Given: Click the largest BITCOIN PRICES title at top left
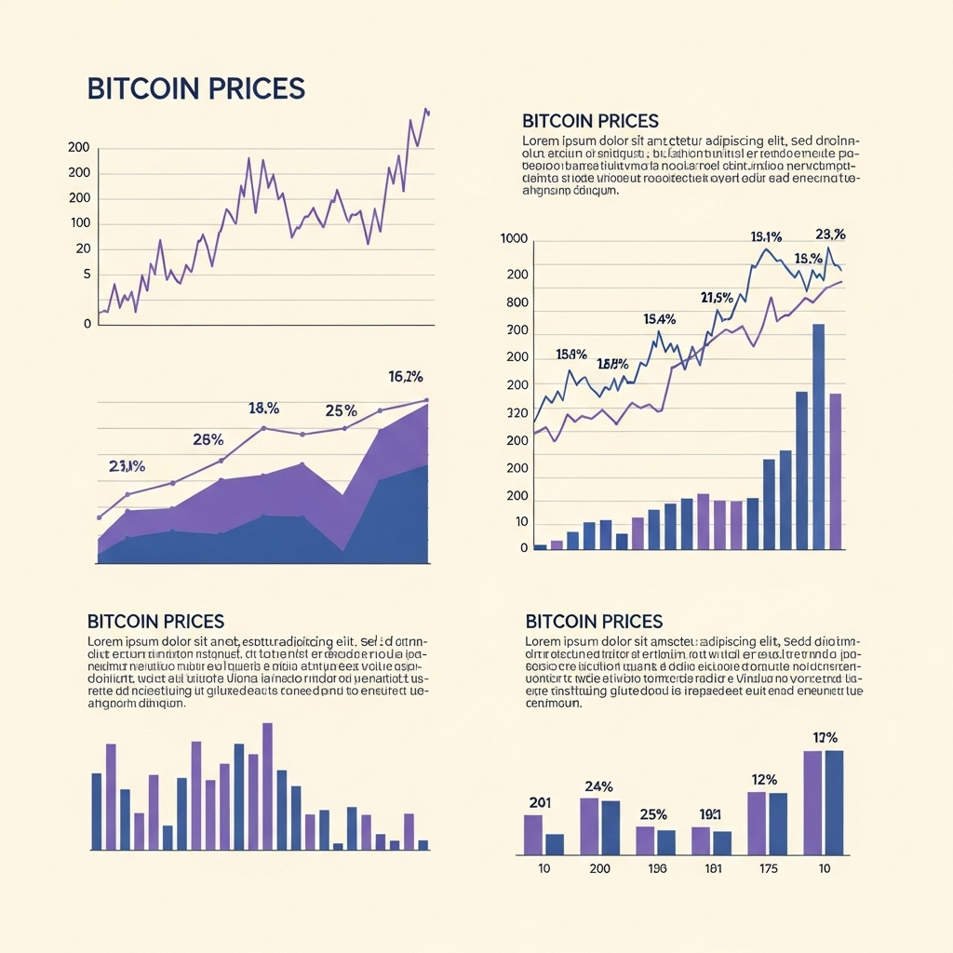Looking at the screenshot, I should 195,88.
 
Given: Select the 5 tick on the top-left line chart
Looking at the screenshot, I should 87,275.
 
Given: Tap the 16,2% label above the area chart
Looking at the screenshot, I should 405,377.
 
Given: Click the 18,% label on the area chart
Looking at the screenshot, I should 263,408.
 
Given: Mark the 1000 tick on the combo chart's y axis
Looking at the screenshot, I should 514,239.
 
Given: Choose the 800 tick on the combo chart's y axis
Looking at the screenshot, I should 517,302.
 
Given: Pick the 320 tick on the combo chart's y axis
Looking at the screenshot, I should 517,412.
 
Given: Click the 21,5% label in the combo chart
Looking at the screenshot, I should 717,298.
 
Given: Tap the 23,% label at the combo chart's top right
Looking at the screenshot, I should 829,235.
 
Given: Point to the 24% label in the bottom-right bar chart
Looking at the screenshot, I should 598,786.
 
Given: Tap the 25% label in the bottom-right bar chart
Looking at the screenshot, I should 653,814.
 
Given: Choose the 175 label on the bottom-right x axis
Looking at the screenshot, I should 767,869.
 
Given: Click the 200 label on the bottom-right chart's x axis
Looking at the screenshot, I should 599,869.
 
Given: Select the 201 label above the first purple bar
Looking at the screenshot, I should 540,803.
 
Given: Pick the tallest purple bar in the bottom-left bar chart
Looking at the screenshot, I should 268,785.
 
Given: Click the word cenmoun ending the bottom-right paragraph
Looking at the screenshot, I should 553,704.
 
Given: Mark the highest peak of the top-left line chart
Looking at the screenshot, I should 425,110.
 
